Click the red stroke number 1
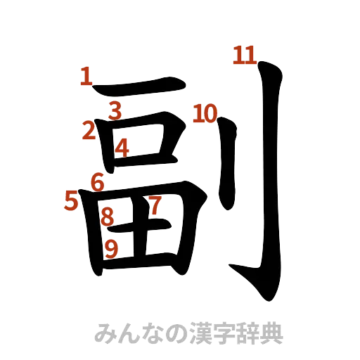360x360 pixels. (86, 76)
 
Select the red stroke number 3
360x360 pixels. (116, 110)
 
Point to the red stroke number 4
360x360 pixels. (122, 148)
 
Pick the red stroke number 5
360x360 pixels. (71, 200)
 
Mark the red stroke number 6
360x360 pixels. (98, 181)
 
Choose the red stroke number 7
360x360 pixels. (155, 204)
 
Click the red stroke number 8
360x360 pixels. (108, 217)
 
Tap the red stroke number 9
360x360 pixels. (110, 247)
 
